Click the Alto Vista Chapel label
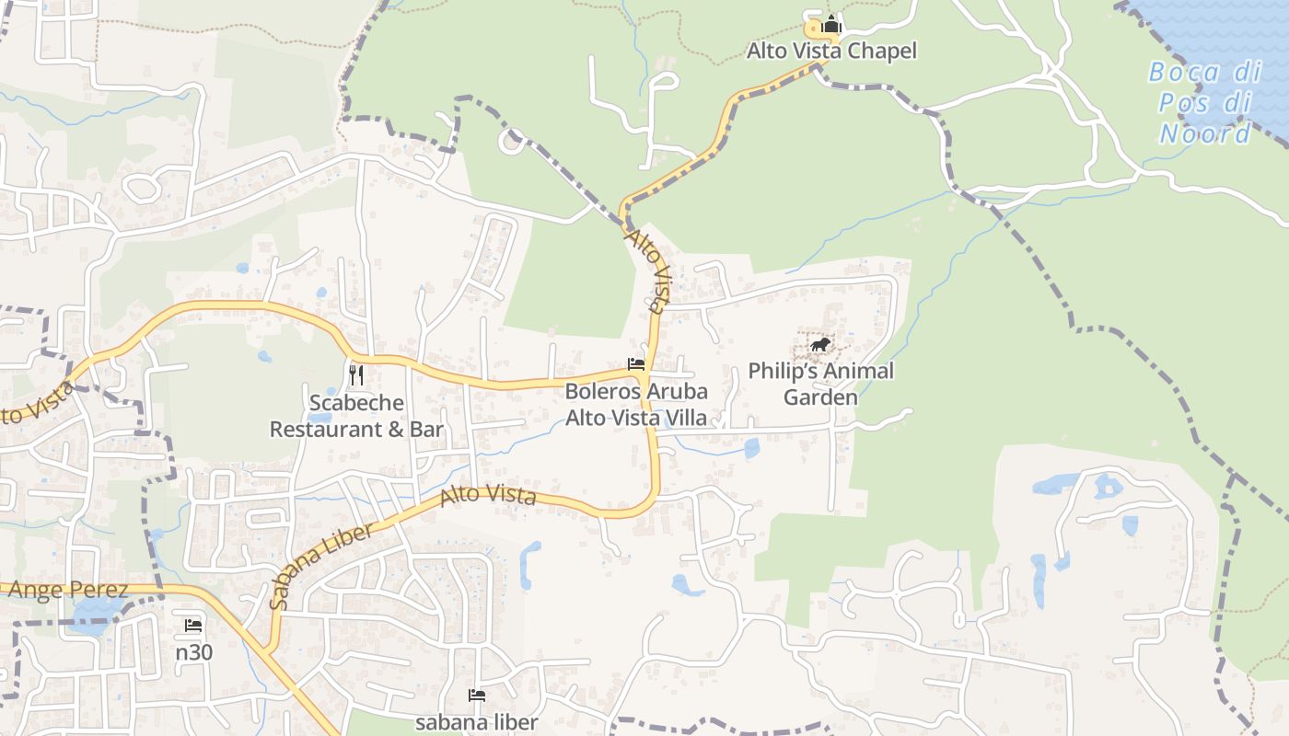tap(831, 51)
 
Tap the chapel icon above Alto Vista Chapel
tap(831, 26)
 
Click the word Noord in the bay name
tap(1204, 133)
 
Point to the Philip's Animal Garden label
tap(820, 384)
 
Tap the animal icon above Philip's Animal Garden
tap(819, 345)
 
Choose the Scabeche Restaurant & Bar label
tap(356, 416)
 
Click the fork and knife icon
tap(357, 374)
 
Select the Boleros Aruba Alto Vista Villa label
tap(636, 404)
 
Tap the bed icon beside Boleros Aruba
tap(636, 364)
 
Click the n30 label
tap(193, 652)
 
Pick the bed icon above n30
tap(193, 626)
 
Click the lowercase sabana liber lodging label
tap(476, 721)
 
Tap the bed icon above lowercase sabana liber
tap(477, 695)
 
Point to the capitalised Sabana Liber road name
tap(322, 566)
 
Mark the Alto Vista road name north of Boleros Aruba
tap(646, 271)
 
